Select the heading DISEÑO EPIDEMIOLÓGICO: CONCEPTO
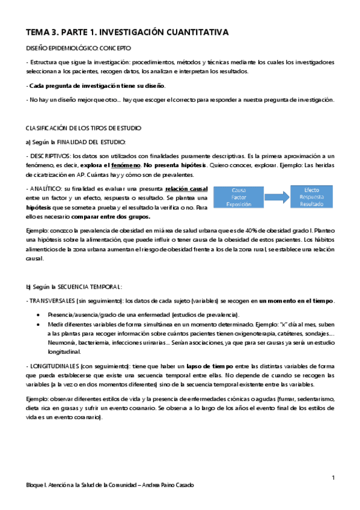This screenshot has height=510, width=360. [79, 48]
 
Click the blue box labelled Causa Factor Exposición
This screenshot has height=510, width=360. [239, 197]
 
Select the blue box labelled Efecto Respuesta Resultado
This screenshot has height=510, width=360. [311, 197]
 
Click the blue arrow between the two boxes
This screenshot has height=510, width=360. [275, 197]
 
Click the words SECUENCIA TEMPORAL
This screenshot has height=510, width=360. [94, 286]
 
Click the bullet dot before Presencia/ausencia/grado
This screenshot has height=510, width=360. [39, 315]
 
